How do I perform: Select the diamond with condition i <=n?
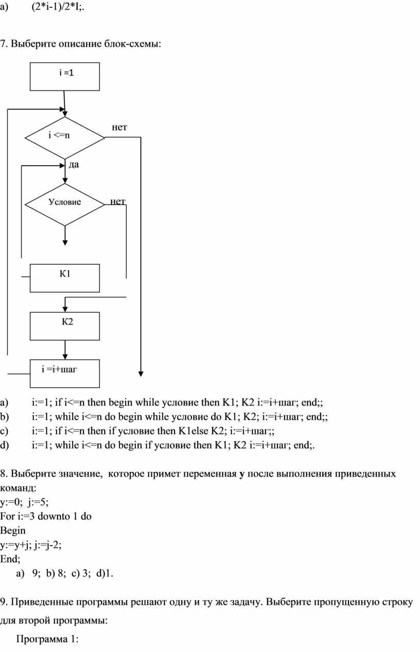[x=65, y=138]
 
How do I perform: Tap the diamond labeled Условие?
[x=65, y=205]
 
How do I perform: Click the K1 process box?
[x=65, y=278]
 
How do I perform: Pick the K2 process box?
[x=65, y=326]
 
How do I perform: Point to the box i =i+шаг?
[x=65, y=373]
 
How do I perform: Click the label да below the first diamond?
[x=74, y=165]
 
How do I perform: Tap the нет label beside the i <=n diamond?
[x=119, y=127]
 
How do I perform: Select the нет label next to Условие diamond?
[x=118, y=201]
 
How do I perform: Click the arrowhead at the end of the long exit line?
[x=141, y=374]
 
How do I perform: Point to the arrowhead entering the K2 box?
[x=65, y=309]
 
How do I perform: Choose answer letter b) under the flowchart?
[x=4, y=416]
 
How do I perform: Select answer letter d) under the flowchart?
[x=4, y=445]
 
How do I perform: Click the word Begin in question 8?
[x=13, y=531]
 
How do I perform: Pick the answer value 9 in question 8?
[x=36, y=573]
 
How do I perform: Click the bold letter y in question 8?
[x=241, y=475]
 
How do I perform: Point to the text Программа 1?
[x=47, y=639]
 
